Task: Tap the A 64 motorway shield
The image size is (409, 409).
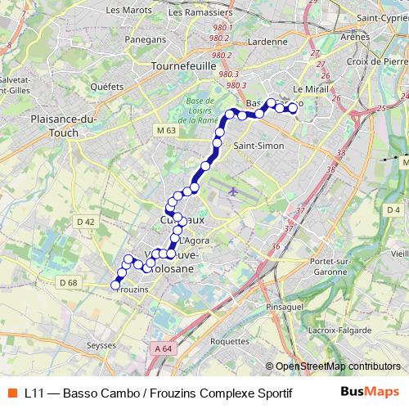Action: [x=164, y=348]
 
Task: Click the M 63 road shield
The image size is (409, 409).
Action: [x=166, y=131]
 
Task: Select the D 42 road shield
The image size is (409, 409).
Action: [x=86, y=222]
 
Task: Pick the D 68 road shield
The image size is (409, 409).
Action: [x=68, y=282]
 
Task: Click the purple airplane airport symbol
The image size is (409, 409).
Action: [x=233, y=191]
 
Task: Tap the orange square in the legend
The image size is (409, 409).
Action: [x=11, y=391]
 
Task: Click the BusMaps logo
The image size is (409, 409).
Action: [x=371, y=391]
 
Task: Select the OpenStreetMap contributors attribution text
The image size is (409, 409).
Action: [x=337, y=366]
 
